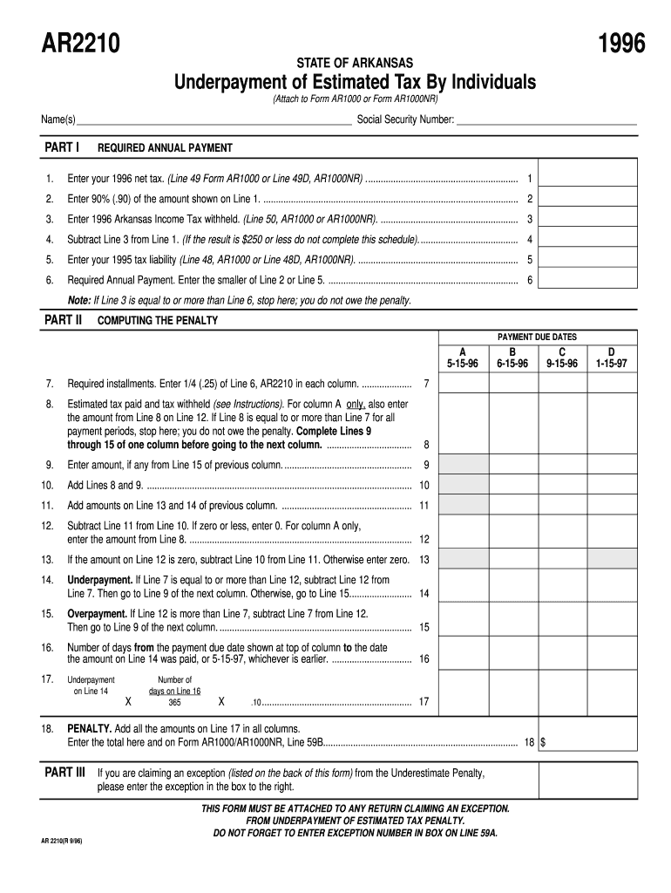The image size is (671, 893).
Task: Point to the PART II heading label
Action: [63, 320]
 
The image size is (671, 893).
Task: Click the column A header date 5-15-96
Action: [462, 365]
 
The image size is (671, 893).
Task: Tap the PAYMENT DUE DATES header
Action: [537, 337]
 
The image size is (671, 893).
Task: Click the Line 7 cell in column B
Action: [512, 384]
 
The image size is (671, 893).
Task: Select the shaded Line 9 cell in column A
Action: [462, 465]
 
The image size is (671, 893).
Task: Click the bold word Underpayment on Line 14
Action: [99, 579]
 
